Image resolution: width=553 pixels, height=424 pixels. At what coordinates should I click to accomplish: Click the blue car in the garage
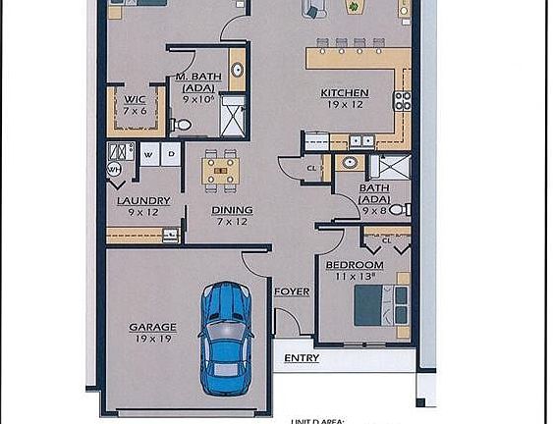point(226,335)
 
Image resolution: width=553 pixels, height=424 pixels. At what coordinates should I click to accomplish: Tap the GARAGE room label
point(152,327)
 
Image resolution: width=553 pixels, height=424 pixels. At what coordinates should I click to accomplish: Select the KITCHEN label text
point(344,94)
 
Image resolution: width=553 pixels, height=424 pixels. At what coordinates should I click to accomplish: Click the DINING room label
point(232,210)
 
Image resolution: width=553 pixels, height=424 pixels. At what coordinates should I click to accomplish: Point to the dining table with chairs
point(221,171)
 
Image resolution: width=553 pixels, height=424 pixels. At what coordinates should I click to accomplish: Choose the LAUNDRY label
point(143,201)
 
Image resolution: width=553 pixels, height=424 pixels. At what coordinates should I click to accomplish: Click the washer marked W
point(148,154)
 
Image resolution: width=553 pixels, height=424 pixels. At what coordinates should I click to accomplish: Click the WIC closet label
point(134,99)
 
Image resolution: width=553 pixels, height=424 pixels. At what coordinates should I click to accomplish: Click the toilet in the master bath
point(182,126)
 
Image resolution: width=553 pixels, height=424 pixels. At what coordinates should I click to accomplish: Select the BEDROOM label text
point(354,265)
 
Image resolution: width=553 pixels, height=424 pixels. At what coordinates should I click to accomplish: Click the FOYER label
point(291,291)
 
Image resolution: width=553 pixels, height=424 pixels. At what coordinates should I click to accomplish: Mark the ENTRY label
point(301,358)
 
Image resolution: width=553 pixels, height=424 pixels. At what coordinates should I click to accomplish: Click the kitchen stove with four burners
point(402,101)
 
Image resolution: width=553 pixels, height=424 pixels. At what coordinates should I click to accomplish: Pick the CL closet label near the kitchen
point(311,168)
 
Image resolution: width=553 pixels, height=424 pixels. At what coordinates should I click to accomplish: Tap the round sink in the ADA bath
point(350,163)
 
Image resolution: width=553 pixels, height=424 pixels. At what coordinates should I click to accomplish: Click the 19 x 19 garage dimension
point(152,339)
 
